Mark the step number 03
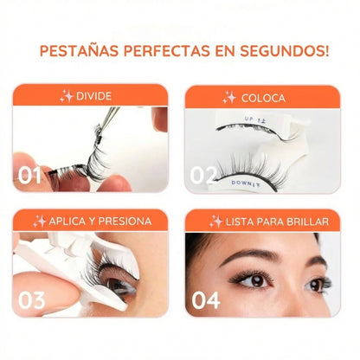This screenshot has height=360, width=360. (x=32, y=300)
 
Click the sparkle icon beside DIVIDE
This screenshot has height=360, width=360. (x=67, y=96)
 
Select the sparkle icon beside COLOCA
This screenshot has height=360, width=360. (x=229, y=97)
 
